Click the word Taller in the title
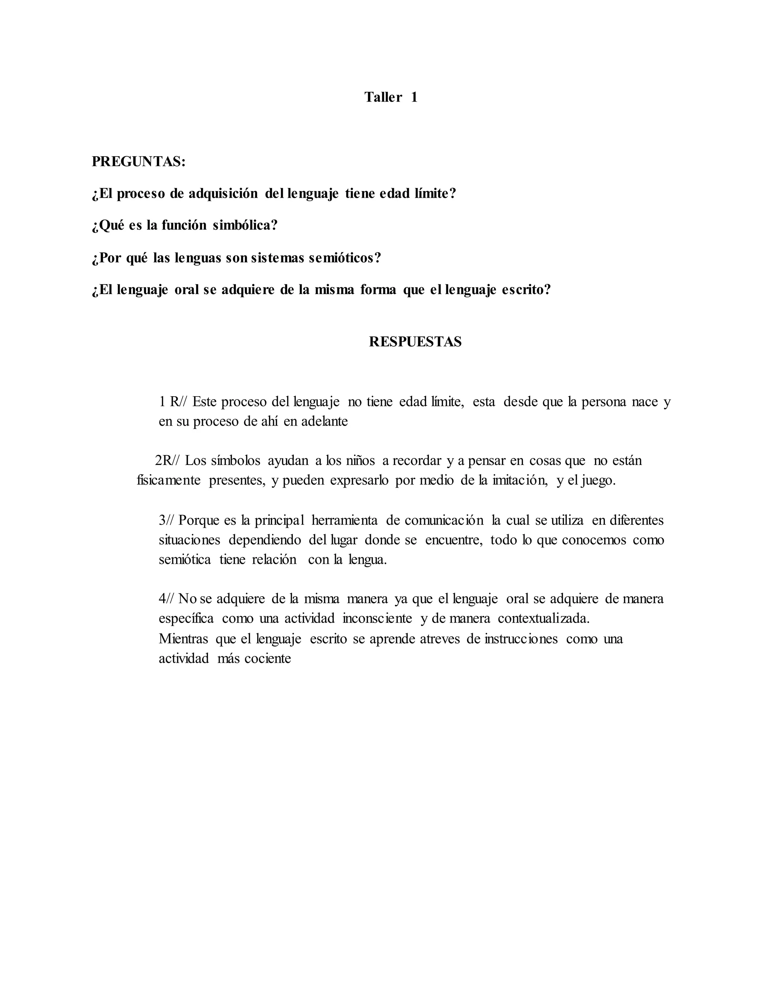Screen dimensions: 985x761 pyautogui.click(x=383, y=97)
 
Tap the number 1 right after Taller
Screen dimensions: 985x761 pyautogui.click(x=414, y=97)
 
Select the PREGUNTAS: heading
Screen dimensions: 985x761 pyautogui.click(x=138, y=161)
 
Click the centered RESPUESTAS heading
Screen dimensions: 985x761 pyautogui.click(x=415, y=342)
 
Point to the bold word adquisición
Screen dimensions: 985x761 pyautogui.click(x=223, y=194)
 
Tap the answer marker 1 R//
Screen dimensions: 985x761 pyautogui.click(x=173, y=402)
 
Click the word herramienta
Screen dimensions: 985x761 pyautogui.click(x=344, y=520)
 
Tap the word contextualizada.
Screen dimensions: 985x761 pyautogui.click(x=544, y=619)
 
